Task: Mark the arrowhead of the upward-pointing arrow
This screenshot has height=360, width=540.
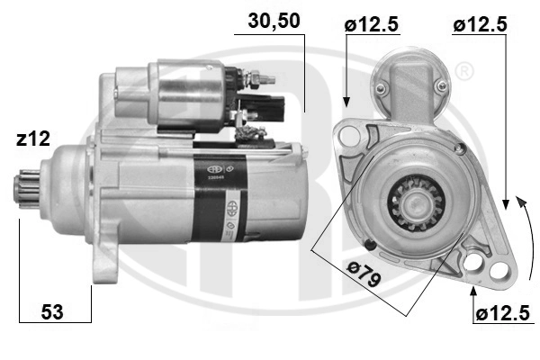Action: tap(473, 289)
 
